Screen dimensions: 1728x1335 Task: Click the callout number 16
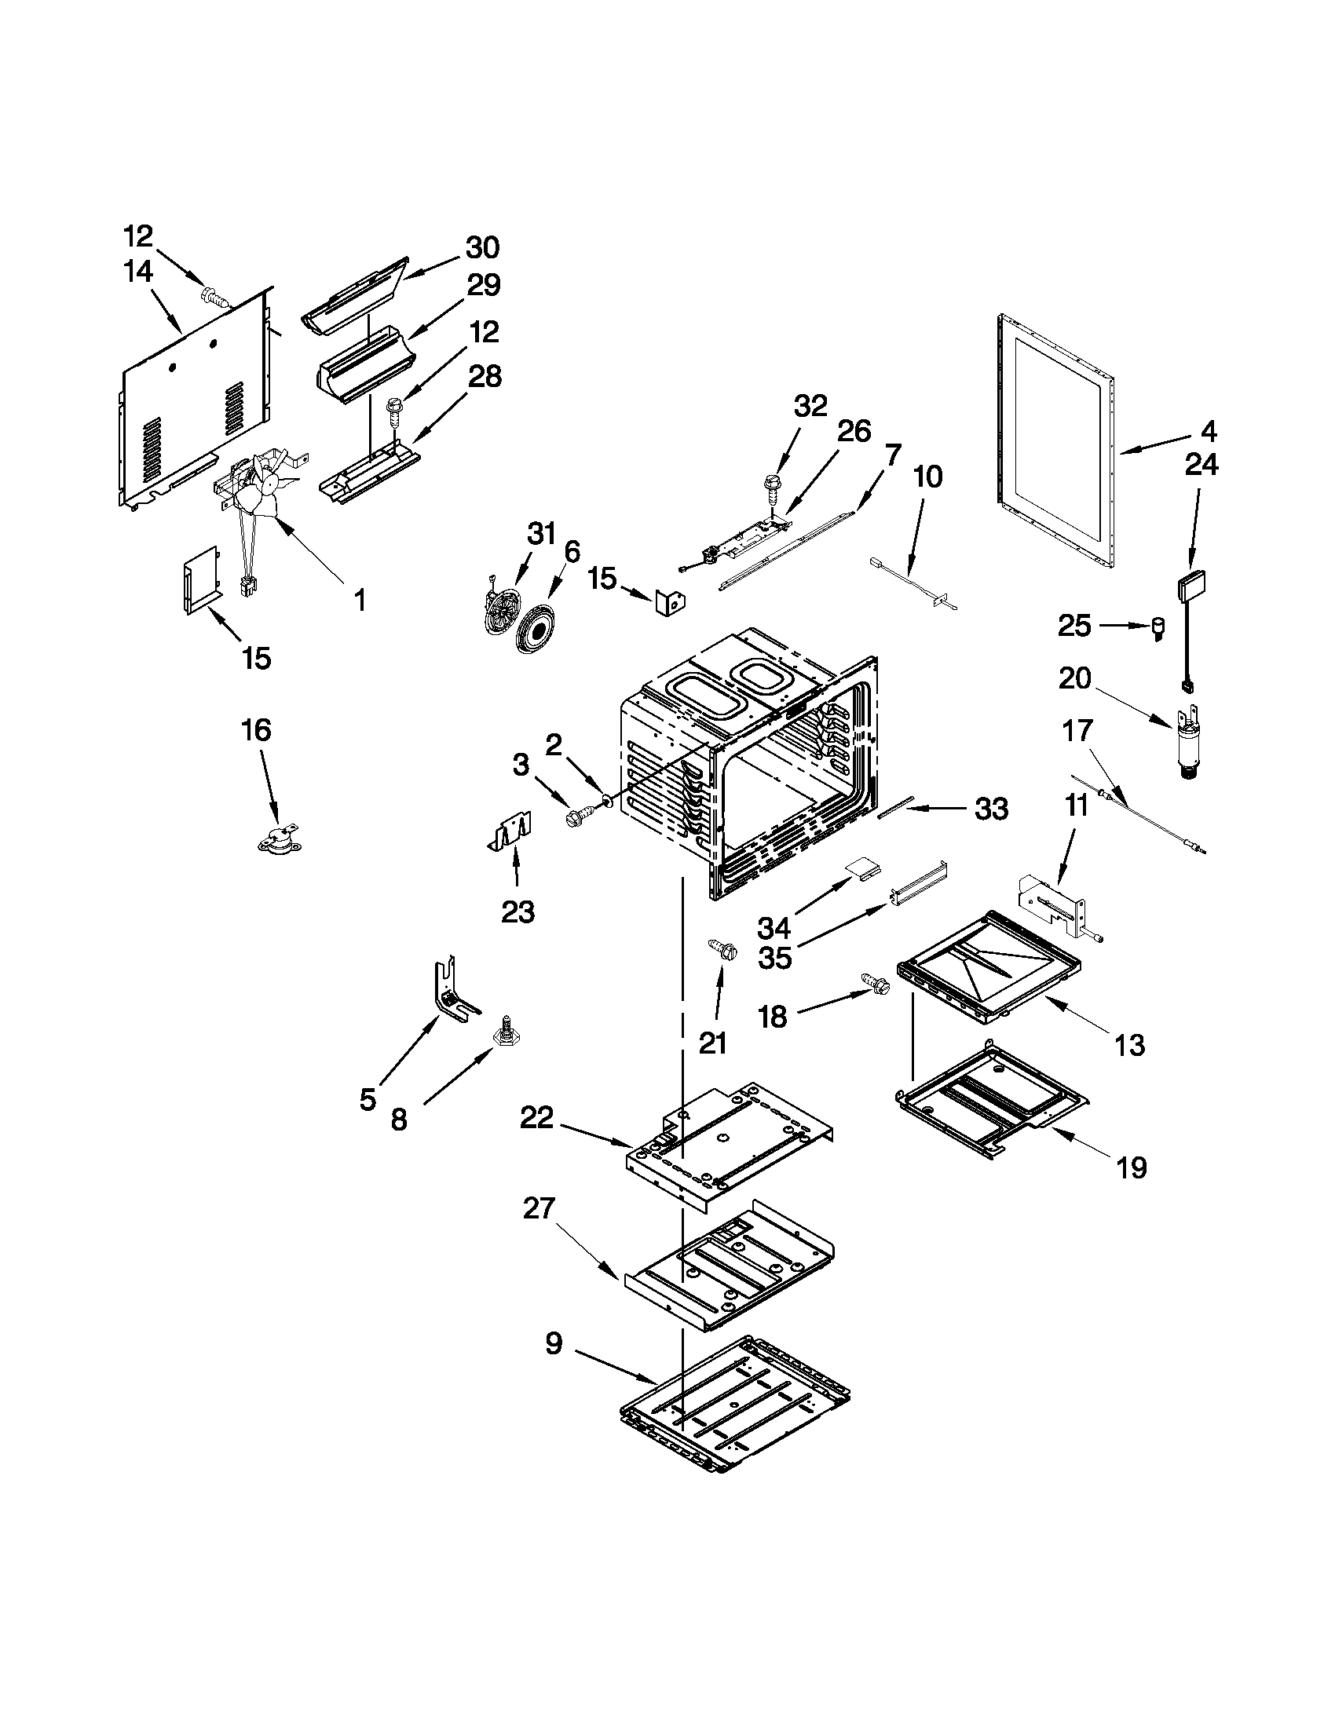pos(256,729)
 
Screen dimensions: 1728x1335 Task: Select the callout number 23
pos(518,912)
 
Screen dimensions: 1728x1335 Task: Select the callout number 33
pos(991,809)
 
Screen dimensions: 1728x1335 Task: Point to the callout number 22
pos(537,1119)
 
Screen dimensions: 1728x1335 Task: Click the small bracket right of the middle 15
pos(671,603)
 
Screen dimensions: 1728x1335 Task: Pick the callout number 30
pos(482,247)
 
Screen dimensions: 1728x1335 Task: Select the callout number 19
pos(1132,1167)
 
